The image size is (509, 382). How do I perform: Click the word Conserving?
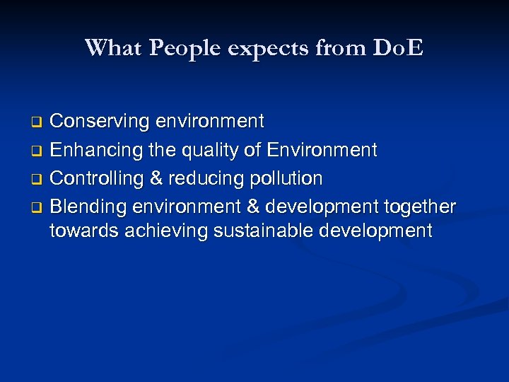pyautogui.click(x=100, y=122)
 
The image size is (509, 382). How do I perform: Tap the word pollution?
pyautogui.click(x=288, y=178)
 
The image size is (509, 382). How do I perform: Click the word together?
pyautogui.click(x=419, y=207)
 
